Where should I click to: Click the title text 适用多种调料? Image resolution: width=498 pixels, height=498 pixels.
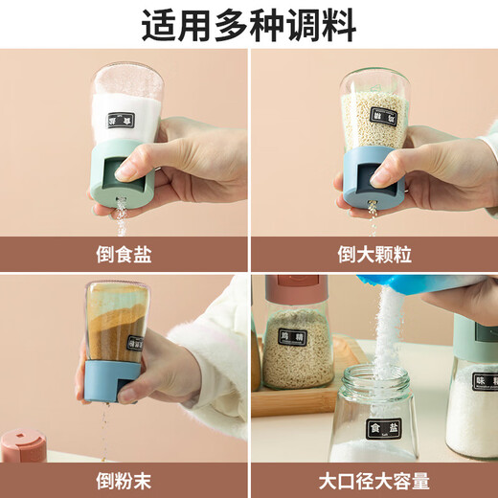coord(249,23)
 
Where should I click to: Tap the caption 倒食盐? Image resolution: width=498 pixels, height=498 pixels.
coord(124,255)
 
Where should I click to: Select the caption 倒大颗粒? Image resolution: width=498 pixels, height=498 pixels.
coord(374,255)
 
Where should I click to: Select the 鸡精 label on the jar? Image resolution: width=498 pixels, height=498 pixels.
coord(289,337)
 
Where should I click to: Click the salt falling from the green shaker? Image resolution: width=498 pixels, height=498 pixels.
coord(122,218)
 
